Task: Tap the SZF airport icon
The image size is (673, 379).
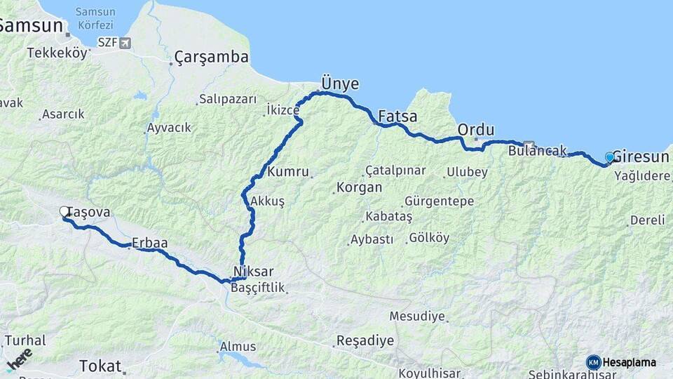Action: click(125, 44)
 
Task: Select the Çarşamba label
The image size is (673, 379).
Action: click(211, 57)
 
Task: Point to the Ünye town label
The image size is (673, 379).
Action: click(340, 84)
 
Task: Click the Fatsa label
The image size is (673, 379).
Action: click(397, 116)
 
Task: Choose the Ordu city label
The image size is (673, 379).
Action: click(475, 130)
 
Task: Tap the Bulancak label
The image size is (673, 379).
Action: click(537, 149)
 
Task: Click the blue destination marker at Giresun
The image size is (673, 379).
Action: click(609, 157)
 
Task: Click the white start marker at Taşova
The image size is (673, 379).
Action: click(64, 211)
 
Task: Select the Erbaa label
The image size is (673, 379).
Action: click(149, 243)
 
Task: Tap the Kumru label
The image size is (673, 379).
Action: click(288, 171)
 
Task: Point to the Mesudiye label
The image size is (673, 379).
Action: click(417, 317)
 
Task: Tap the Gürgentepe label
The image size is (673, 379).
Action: click(439, 201)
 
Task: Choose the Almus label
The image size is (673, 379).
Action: click(238, 347)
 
